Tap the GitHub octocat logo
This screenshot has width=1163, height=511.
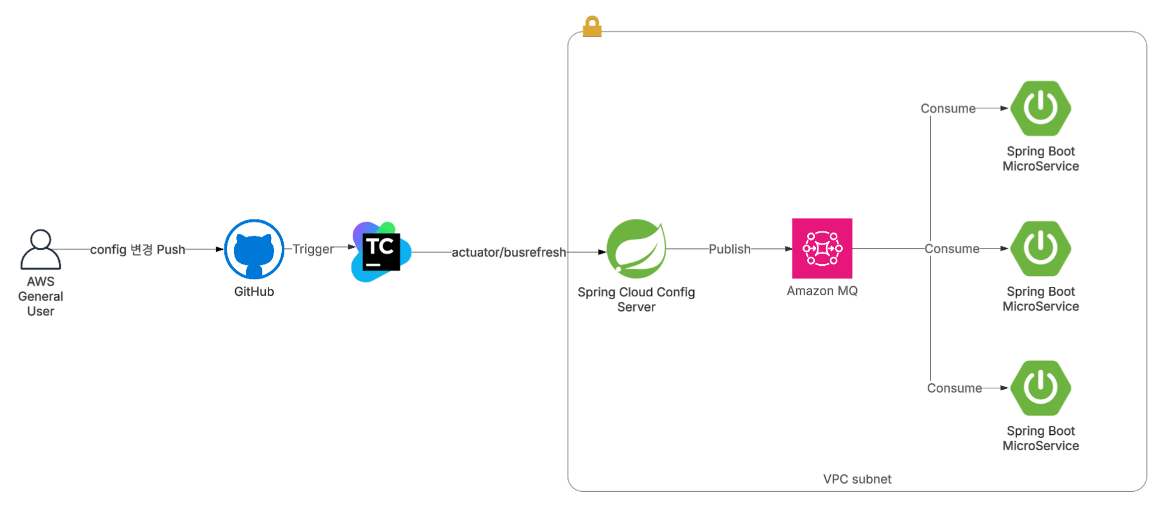[254, 249]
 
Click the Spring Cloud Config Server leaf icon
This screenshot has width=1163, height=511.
[636, 248]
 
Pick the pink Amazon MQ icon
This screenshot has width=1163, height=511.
[822, 248]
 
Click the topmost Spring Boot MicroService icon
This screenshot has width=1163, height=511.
[1040, 108]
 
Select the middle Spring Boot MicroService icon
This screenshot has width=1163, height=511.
[1040, 248]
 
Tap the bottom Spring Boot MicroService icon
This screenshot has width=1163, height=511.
[1040, 388]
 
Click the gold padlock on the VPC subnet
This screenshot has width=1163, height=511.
[592, 27]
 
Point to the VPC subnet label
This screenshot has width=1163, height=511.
[857, 479]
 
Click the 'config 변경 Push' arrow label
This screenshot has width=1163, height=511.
[137, 249]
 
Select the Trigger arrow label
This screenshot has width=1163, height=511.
[312, 249]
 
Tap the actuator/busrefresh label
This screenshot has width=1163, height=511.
[509, 252]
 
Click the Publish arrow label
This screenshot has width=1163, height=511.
[729, 249]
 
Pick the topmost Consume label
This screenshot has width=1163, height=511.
[948, 109]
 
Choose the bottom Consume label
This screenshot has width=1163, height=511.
[954, 388]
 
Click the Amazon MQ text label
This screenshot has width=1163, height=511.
[822, 291]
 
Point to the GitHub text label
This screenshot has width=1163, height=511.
[254, 292]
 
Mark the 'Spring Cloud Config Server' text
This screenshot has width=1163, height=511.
[636, 300]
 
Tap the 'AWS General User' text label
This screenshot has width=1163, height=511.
[40, 296]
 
